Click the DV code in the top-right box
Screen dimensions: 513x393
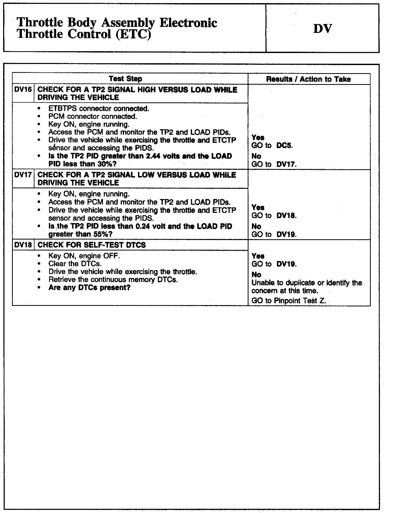(x=322, y=29)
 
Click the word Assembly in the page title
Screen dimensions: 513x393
(x=128, y=23)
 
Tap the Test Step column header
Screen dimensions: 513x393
(x=125, y=79)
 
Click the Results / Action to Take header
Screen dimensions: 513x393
(x=308, y=79)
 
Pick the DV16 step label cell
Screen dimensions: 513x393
(x=23, y=90)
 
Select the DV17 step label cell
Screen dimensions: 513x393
(x=23, y=175)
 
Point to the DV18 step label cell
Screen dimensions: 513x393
(x=23, y=245)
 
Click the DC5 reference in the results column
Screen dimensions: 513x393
(x=284, y=145)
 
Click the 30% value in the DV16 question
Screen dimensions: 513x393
(x=103, y=164)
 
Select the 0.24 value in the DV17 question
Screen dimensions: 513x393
(x=143, y=226)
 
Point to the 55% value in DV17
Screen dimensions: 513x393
(x=103, y=234)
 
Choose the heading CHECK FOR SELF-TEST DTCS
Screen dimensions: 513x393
(x=92, y=245)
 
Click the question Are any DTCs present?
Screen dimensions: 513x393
(x=89, y=288)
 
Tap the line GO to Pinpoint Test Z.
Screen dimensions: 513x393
(x=289, y=301)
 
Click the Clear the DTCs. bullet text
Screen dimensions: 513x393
(x=75, y=264)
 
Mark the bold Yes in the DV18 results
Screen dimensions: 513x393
(x=258, y=256)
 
